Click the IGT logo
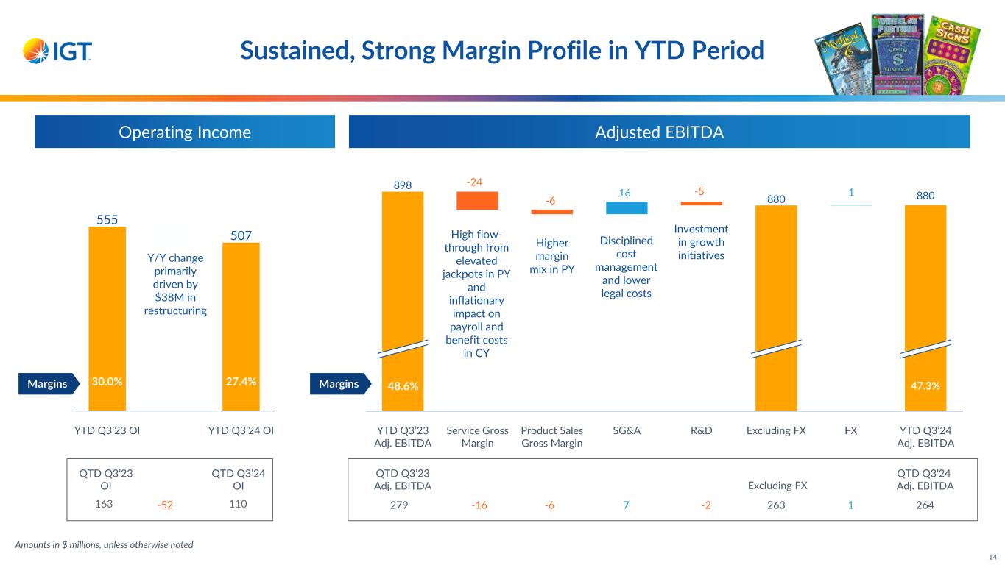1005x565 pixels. coord(57,51)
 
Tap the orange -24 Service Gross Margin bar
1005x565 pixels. coord(477,200)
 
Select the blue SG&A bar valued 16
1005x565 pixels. coord(626,207)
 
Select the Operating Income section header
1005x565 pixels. coord(185,132)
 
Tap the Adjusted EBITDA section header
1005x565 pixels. coord(659,132)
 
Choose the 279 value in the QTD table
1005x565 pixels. coord(403,505)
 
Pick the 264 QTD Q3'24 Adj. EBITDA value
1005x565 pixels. coord(925,505)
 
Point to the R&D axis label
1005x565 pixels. coord(701,430)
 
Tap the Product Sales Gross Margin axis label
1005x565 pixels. coord(551,436)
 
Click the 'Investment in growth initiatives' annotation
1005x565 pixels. coord(701,242)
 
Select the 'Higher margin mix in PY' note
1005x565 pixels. coord(551,255)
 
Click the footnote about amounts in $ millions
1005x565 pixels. coord(104,544)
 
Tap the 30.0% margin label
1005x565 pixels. coord(107,382)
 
